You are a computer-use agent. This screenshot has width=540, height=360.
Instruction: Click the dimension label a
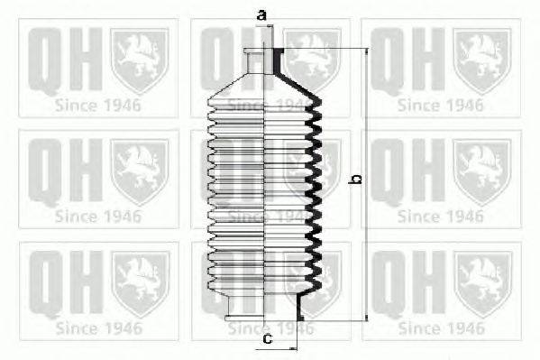tap(262, 15)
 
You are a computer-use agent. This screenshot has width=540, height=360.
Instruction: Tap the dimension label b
tap(355, 180)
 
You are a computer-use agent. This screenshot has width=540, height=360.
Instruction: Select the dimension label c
tap(267, 338)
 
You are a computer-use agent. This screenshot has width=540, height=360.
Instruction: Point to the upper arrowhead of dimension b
tap(366, 51)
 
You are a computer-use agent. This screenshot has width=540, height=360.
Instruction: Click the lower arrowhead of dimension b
tap(366, 318)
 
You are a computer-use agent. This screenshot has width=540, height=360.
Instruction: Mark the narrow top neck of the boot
tap(263, 60)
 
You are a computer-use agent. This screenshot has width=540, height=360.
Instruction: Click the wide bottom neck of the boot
tap(263, 308)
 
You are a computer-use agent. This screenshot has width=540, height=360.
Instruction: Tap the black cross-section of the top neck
tap(278, 60)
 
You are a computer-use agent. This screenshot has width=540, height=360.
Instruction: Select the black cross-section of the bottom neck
tap(300, 308)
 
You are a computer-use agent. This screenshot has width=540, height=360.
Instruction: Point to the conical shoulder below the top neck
tap(264, 87)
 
